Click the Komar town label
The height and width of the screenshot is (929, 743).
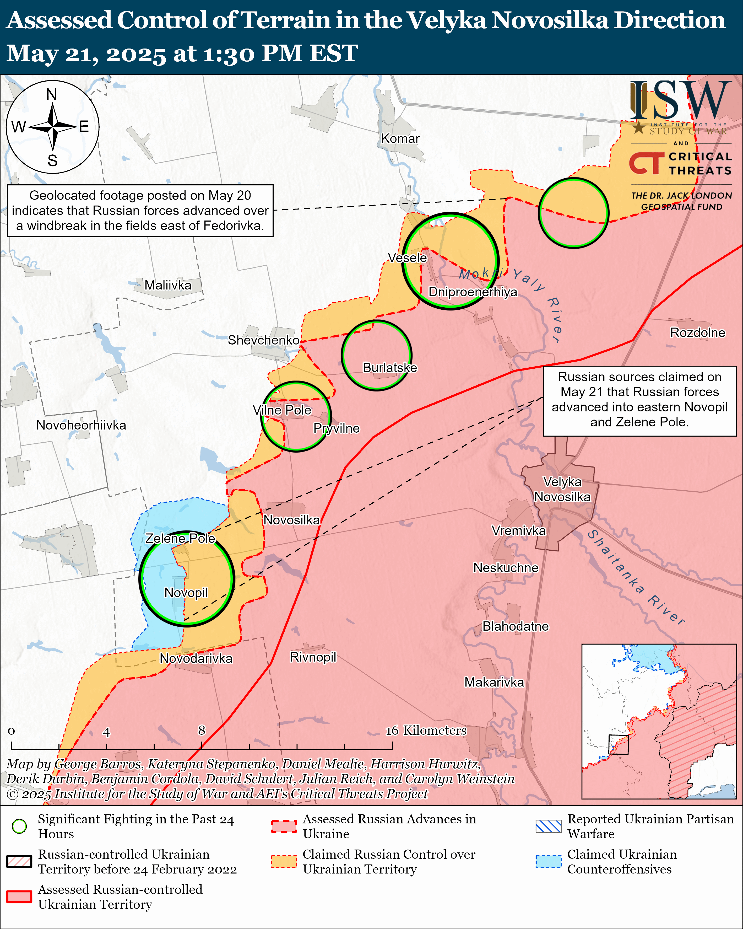pos(400,139)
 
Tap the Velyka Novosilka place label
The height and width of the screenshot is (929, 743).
pos(562,489)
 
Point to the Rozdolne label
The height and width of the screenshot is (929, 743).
pos(697,333)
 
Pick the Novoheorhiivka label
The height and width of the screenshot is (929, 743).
pos(81,425)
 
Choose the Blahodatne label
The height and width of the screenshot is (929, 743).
pos(515,626)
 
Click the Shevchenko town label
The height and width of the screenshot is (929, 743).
pos(263,340)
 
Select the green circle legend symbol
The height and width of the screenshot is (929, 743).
pos(19,826)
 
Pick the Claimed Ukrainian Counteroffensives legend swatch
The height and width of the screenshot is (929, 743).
pos(548,862)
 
